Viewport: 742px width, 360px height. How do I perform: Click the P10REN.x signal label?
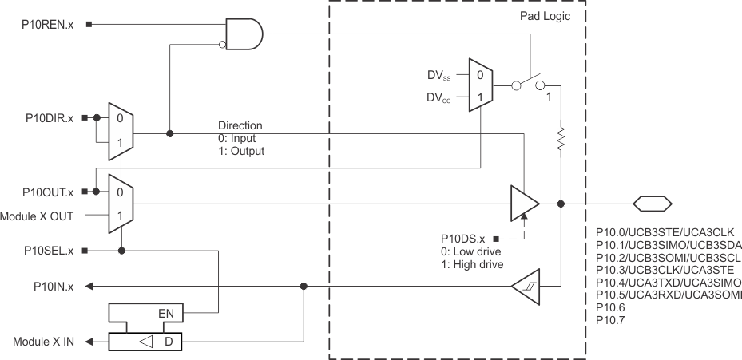click(47, 23)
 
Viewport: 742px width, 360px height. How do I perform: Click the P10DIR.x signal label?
click(47, 118)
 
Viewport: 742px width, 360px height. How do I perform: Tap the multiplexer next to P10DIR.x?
click(118, 129)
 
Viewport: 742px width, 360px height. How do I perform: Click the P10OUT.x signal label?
click(46, 192)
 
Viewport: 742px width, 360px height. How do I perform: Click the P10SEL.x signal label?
click(47, 250)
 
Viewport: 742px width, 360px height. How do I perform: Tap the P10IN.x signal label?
click(53, 286)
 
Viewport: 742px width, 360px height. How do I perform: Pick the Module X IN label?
click(43, 342)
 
